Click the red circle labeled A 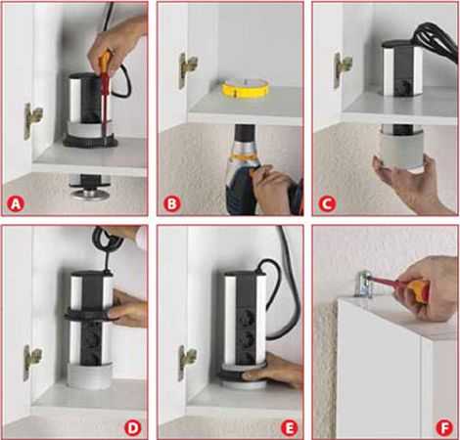tap(16, 204)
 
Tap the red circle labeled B tap(171, 204)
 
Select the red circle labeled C tap(327, 204)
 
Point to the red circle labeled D tap(133, 428)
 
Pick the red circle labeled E tap(289, 428)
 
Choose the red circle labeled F tap(444, 428)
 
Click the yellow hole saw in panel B tap(247, 89)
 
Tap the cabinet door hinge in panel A tap(32, 121)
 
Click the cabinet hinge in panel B tap(187, 69)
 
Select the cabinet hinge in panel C tap(342, 69)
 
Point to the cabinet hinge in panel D tap(31, 363)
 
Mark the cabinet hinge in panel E tap(187, 363)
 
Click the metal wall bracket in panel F tap(365, 284)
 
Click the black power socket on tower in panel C tap(404, 86)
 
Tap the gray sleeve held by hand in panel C tap(402, 149)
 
